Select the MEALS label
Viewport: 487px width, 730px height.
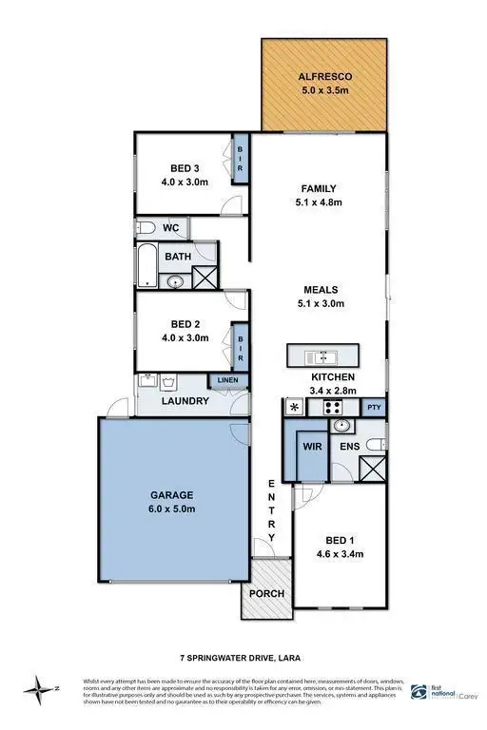point(321,290)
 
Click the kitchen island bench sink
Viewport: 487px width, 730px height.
point(322,356)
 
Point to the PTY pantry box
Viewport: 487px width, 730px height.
point(375,406)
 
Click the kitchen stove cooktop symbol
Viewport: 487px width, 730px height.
point(334,408)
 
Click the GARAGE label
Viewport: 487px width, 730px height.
point(171,495)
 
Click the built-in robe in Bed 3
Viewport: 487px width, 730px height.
point(241,158)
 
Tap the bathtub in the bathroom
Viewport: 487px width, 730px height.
point(148,266)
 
